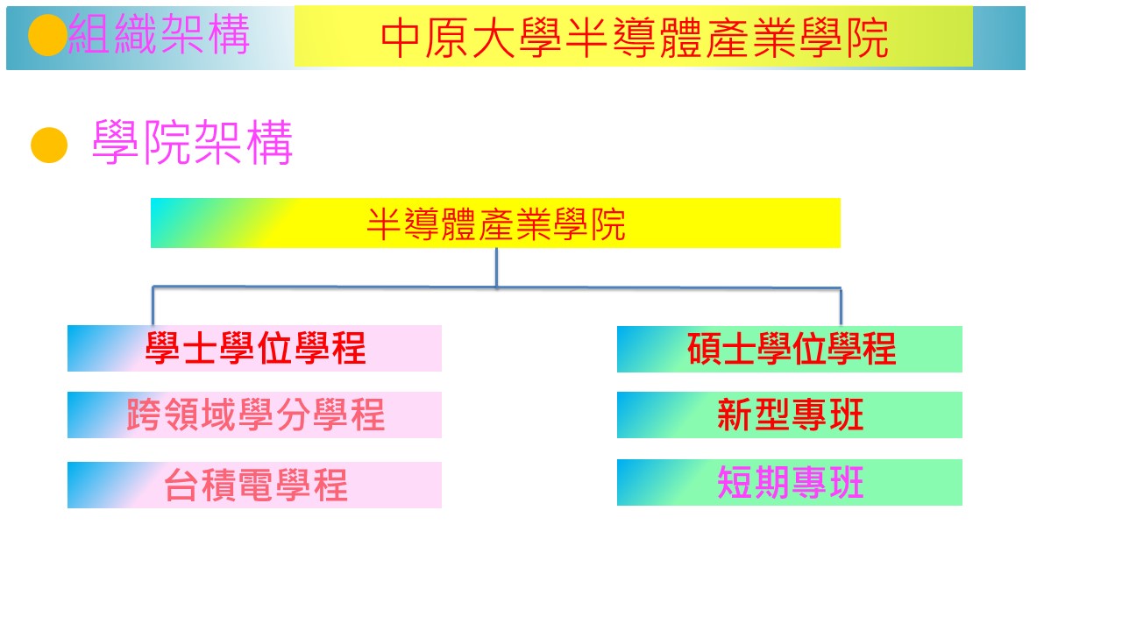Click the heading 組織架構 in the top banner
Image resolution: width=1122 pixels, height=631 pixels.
(159, 34)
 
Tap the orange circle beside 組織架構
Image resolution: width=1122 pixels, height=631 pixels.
(47, 35)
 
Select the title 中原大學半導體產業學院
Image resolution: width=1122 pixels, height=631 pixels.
(634, 38)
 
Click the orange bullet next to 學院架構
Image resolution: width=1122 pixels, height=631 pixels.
(49, 145)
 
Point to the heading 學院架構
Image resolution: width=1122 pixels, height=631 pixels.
(192, 143)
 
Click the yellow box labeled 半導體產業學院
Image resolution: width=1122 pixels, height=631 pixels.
(495, 223)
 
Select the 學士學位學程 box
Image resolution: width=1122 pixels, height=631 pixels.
(254, 348)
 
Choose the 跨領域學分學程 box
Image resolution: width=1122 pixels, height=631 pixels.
(254, 415)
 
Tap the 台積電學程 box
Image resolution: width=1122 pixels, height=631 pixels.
(254, 485)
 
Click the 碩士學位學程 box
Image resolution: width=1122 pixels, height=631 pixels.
(790, 349)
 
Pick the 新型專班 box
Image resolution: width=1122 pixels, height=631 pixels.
(790, 415)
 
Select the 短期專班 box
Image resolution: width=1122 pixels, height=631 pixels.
(790, 482)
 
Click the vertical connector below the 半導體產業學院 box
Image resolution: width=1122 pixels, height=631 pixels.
(496, 267)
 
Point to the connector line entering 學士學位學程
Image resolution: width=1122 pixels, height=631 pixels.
(153, 306)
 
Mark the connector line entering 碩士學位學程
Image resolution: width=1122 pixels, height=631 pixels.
(841, 307)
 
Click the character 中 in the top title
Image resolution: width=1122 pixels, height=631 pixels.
(400, 38)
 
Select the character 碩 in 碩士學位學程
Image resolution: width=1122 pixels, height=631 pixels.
(704, 349)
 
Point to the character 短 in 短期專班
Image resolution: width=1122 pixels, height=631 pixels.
(735, 482)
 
